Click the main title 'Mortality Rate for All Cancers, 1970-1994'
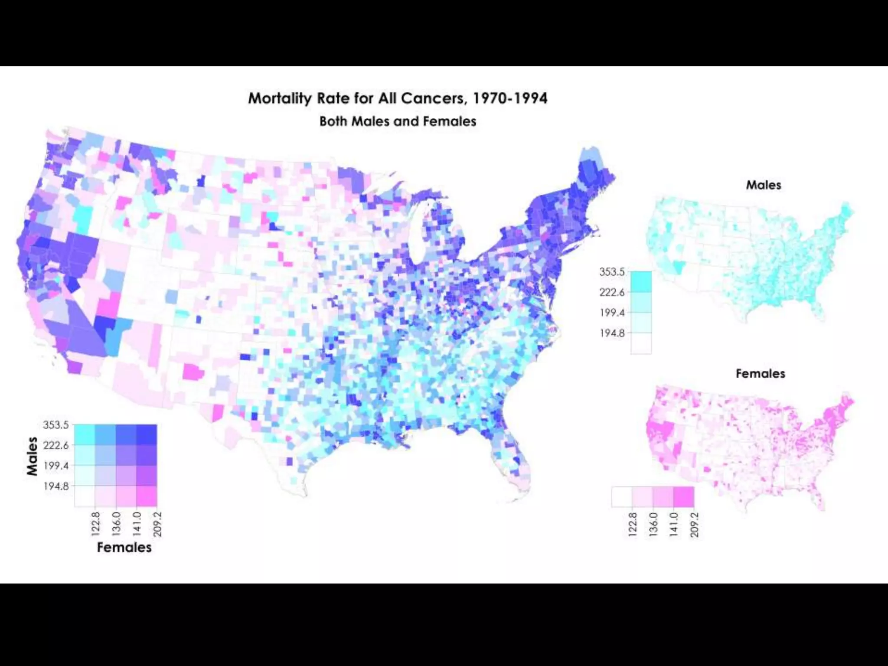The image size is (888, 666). click(398, 98)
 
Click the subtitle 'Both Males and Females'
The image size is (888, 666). click(398, 121)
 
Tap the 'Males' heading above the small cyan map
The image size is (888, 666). click(763, 185)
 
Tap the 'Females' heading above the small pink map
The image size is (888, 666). click(760, 374)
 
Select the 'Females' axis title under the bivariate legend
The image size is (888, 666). click(124, 547)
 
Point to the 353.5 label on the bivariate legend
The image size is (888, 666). click(56, 425)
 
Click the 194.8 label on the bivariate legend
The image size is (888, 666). click(56, 486)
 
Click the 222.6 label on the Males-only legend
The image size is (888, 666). click(612, 292)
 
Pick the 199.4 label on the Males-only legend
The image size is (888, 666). click(612, 313)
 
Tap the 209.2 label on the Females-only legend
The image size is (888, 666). click(695, 525)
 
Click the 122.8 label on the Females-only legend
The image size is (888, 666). click(633, 525)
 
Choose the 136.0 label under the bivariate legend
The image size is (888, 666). click(116, 524)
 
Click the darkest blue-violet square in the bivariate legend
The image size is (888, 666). click(147, 434)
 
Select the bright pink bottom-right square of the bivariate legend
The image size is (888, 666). click(147, 496)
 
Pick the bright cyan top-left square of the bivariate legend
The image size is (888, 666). click(85, 434)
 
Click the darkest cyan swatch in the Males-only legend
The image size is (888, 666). click(641, 281)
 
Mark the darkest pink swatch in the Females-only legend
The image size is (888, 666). click(684, 496)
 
